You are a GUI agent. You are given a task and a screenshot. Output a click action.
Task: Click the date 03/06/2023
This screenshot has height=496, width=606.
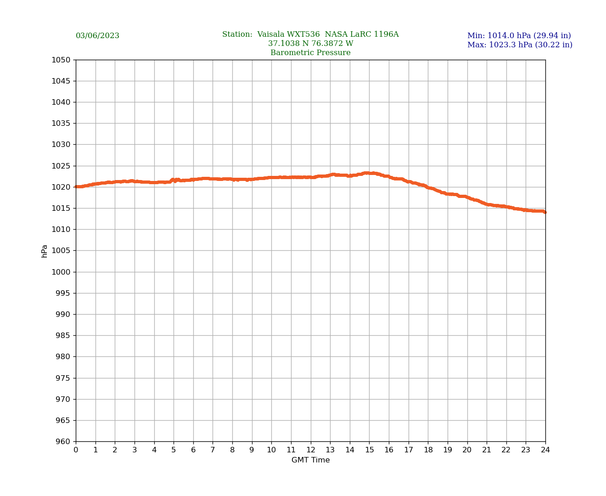(97, 36)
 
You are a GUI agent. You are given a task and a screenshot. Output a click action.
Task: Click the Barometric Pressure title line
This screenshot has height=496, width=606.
(310, 53)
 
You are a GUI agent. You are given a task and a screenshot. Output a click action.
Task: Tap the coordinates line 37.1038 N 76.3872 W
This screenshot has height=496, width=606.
(310, 44)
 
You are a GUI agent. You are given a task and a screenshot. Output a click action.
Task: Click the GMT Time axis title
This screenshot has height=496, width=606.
(310, 460)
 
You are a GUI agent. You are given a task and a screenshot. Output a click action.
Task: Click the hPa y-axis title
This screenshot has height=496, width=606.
(45, 251)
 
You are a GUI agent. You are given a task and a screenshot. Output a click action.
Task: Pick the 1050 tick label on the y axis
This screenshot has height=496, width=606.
(61, 60)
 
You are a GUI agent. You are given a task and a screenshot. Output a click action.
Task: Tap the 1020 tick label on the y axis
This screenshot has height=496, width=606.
(61, 187)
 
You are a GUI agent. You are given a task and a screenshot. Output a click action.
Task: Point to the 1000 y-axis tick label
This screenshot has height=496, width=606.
(61, 272)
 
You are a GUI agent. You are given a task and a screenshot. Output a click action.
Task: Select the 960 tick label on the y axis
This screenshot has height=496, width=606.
(63, 441)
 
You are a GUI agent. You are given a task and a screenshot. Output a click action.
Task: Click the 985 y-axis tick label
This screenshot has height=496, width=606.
(63, 335)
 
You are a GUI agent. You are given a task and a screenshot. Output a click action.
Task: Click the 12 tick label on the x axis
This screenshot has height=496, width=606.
(311, 450)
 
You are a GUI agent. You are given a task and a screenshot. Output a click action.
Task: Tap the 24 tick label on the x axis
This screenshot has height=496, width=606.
(545, 450)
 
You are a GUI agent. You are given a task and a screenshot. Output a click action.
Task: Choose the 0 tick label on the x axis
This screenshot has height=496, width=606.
(76, 450)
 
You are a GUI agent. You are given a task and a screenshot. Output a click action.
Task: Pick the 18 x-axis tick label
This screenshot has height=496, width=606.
(428, 450)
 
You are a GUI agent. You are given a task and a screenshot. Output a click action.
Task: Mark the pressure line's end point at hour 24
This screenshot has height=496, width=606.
(545, 212)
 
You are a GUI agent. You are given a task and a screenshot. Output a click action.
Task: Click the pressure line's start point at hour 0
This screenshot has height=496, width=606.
(76, 187)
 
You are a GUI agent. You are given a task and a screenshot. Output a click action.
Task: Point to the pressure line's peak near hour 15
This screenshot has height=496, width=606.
(367, 173)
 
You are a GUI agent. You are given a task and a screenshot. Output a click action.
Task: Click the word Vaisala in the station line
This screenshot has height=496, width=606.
(271, 34)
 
